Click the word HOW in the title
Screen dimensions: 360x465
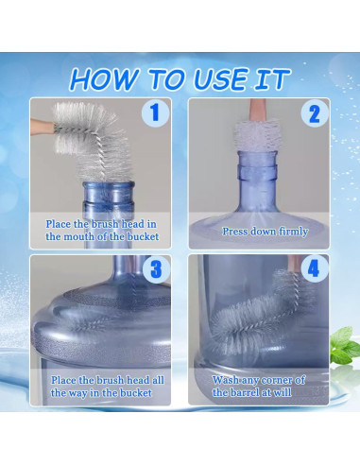click(104, 79)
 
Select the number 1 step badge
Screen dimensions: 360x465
click(155, 112)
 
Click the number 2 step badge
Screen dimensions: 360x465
click(314, 113)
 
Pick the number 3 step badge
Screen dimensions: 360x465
click(156, 269)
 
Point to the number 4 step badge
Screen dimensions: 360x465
click(314, 269)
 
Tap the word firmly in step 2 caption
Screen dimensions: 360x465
click(293, 232)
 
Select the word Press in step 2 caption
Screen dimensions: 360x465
click(233, 232)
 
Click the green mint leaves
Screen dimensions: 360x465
click(345, 345)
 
